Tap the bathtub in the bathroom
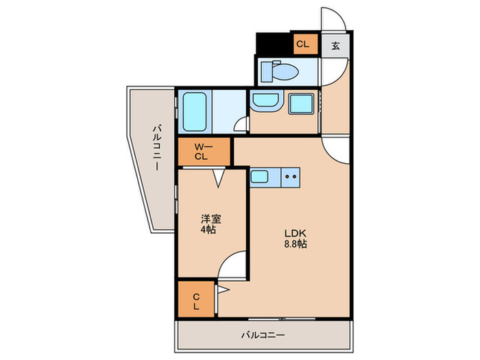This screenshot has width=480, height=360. (195, 111)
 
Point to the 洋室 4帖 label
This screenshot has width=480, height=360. (210, 225)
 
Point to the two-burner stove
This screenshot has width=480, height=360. (289, 177)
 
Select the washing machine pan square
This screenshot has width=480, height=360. (300, 105)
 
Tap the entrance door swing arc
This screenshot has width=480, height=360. (332, 19)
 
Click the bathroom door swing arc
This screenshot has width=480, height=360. (240, 124)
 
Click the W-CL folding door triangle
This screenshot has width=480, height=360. (219, 178)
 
